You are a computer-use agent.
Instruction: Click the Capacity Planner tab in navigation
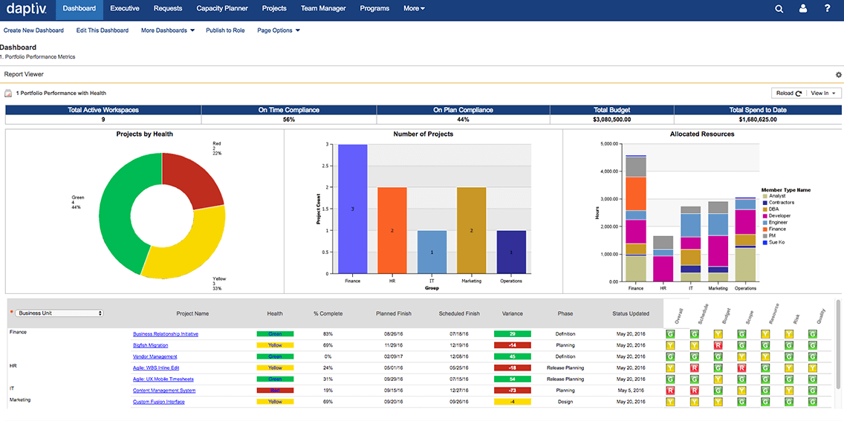222,9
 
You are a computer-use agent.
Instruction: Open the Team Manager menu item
323,9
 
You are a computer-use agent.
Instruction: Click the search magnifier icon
779,9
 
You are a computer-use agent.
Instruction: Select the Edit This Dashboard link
102,30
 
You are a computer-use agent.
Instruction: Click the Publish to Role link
225,30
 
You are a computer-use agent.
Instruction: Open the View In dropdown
825,94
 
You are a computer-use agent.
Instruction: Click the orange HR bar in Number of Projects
392,230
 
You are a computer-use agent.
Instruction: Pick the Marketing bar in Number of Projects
471,230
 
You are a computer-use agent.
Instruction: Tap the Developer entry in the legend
779,216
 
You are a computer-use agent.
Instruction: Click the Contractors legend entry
781,203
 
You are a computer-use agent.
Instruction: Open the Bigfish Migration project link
150,345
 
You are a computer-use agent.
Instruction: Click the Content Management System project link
164,391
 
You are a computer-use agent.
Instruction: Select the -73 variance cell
512,391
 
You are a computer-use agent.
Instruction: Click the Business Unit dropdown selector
59,313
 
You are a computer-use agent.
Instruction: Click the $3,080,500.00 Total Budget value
611,120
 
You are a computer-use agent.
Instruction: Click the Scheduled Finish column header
459,313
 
